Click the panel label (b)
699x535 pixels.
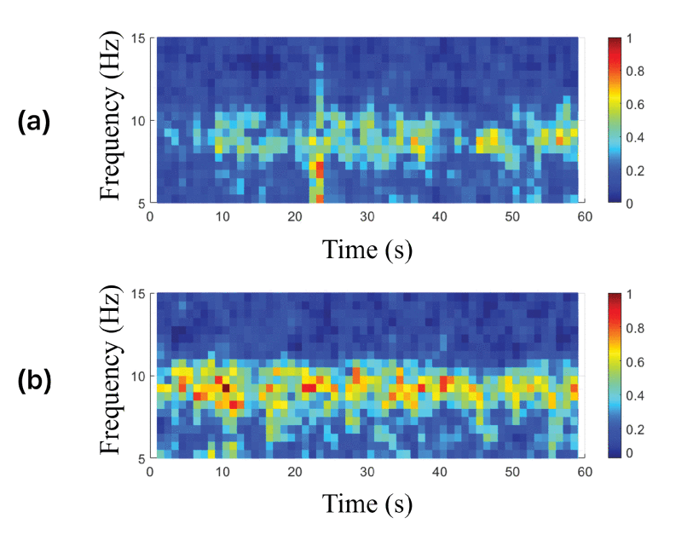(34, 381)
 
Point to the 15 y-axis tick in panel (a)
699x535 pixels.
(140, 37)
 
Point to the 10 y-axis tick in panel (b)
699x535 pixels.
(140, 376)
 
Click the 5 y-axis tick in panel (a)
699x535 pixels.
(144, 202)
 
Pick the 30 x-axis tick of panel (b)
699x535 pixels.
(367, 472)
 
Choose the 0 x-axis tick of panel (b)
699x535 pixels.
(150, 472)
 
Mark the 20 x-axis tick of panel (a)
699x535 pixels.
(295, 216)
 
